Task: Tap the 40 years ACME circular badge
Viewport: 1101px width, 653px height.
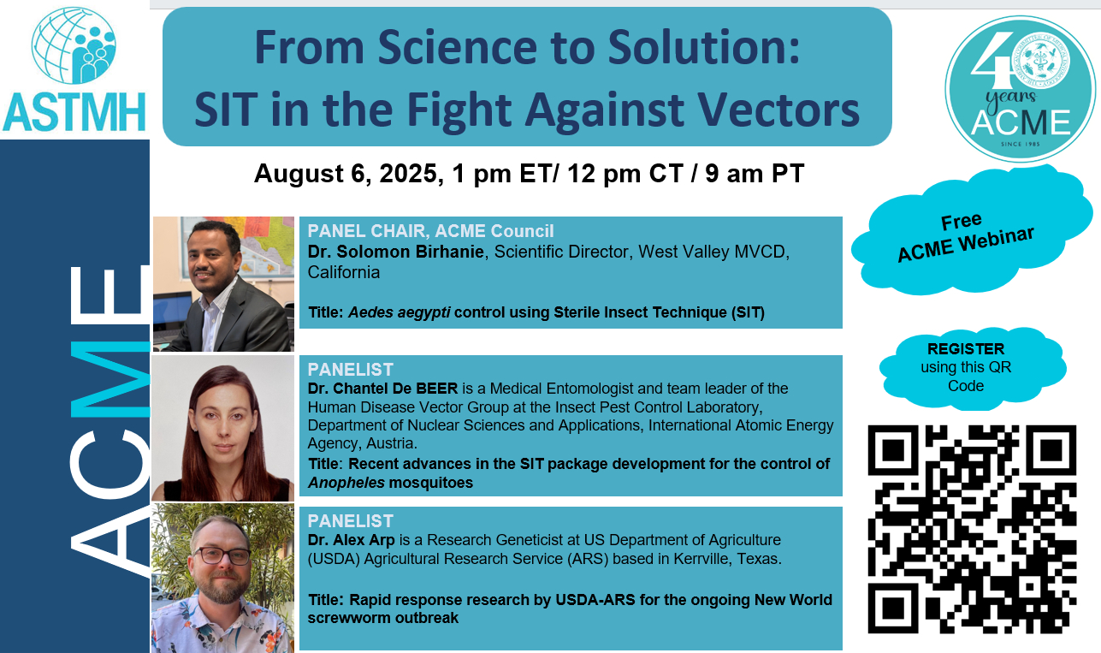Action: click(1020, 88)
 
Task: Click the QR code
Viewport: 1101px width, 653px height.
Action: click(972, 529)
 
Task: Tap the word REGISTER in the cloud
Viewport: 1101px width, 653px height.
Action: click(966, 348)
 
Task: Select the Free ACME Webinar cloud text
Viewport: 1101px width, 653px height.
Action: click(965, 238)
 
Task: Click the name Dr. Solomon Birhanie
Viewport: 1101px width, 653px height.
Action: click(396, 252)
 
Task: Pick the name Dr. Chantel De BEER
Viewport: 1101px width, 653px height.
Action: click(382, 389)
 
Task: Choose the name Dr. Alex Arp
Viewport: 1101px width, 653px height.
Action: click(351, 540)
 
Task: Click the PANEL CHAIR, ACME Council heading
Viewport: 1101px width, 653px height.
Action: click(430, 230)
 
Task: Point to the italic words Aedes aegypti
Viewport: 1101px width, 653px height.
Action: click(400, 312)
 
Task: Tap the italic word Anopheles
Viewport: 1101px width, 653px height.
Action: click(346, 483)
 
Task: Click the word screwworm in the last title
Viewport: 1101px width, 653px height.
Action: click(349, 618)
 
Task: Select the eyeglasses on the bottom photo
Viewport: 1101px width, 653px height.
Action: click(222, 555)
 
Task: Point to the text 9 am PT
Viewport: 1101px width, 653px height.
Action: click(755, 173)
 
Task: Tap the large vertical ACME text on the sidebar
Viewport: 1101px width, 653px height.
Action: click(110, 420)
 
